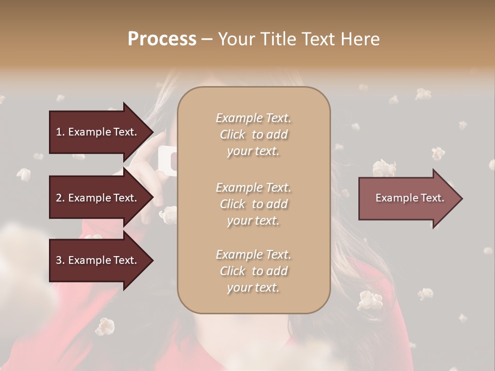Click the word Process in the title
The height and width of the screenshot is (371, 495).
point(162,39)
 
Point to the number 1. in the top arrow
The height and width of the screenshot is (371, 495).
point(60,132)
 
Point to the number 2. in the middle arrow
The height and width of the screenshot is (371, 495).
point(60,198)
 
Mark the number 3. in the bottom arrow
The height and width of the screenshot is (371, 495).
point(60,260)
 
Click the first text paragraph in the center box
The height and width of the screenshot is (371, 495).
point(253,134)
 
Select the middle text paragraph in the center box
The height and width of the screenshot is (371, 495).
point(253,204)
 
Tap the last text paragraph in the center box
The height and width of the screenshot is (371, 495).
point(253,271)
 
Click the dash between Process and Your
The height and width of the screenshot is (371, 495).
point(207,39)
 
